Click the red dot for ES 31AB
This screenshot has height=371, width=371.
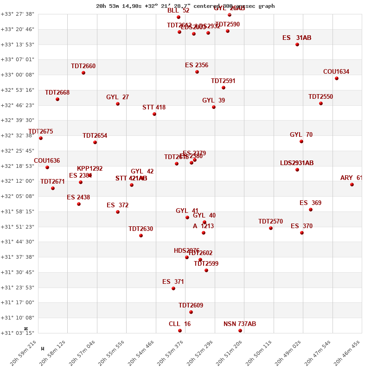tap(297, 45)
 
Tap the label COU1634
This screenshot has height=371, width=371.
tap(336, 72)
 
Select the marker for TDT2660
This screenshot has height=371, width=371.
tap(83, 73)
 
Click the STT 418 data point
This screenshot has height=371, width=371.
tap(154, 114)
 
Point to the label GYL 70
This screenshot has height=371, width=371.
tap(301, 135)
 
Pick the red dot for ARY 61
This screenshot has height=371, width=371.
tap(352, 185)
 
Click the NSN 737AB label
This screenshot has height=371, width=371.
tap(240, 324)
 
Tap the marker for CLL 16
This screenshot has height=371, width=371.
tap(180, 331)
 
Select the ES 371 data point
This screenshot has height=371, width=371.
tap(173, 288)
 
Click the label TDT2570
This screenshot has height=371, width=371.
tap(270, 222)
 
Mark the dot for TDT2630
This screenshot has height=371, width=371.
tap(141, 236)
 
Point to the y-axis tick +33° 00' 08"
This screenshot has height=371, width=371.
tap(18, 75)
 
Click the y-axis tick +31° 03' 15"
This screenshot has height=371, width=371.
tap(18, 333)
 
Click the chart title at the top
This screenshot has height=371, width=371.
tap(185, 6)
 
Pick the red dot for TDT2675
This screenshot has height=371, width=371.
tap(41, 138)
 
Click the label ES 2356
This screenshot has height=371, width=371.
tap(197, 65)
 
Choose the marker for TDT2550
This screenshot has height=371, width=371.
tap(321, 103)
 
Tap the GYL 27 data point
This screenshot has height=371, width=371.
tap(118, 104)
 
